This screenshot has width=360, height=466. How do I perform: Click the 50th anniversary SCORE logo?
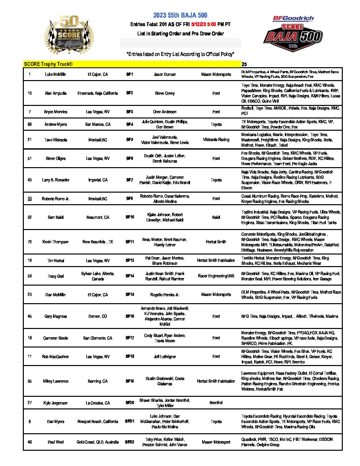coord(69,35)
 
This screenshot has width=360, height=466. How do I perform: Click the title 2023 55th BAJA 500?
coord(180,15)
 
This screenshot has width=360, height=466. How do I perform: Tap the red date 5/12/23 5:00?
coord(203,24)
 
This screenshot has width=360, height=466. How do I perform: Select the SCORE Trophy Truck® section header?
coord(48,64)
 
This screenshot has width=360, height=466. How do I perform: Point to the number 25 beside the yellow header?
coord(244,65)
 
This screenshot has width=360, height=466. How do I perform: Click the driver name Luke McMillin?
coord(56,74)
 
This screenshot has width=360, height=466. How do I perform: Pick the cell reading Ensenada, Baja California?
coord(98,93)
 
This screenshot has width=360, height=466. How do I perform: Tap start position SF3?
coord(130,112)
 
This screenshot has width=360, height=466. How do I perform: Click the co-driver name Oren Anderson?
coord(165,112)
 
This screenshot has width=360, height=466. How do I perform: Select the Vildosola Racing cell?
coord(216,140)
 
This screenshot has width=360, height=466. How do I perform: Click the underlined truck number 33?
coord(30,199)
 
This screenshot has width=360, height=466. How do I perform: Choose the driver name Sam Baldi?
coord(56,217)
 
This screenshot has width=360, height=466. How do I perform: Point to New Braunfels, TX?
coord(98,242)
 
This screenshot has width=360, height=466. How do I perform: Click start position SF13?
coord(130,260)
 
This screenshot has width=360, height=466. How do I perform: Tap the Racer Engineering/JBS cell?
coord(216,276)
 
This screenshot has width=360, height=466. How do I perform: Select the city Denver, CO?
coord(98,316)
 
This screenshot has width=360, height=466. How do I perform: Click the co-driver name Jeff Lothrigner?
coord(165,357)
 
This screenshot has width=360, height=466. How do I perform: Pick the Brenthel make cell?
coord(216,403)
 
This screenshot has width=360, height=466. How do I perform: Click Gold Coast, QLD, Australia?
coord(98,442)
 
